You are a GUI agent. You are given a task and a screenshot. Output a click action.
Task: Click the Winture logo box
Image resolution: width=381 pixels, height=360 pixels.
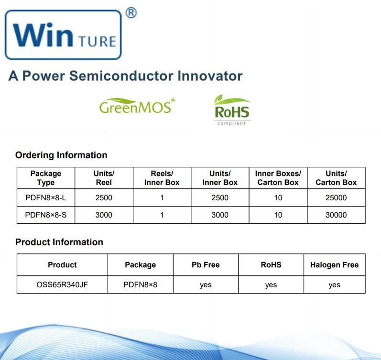pyautogui.click(x=63, y=35)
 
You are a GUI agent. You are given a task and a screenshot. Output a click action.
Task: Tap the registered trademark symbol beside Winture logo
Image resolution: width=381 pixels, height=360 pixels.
pyautogui.click(x=131, y=13)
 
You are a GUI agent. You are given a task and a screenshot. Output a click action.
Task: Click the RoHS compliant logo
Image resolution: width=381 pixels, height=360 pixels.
pyautogui.click(x=232, y=110)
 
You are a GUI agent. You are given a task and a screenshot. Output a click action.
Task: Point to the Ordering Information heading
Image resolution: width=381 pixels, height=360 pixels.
pyautogui.click(x=61, y=155)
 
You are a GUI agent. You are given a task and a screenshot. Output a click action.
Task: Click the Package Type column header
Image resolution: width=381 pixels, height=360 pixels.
pyautogui.click(x=46, y=178)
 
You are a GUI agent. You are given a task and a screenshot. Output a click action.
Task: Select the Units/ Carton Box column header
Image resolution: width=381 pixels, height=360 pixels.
pyautogui.click(x=336, y=178)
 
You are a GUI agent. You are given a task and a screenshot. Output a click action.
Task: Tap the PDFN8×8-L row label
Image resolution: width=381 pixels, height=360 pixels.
pyautogui.click(x=46, y=197)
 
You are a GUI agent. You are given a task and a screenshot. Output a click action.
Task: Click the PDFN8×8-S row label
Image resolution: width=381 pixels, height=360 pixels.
pyautogui.click(x=46, y=215)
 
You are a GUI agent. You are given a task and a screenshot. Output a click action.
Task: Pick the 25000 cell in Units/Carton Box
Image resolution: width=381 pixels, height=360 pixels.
pyautogui.click(x=336, y=197)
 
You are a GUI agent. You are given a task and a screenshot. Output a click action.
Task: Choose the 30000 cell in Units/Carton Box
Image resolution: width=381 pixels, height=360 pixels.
pyautogui.click(x=336, y=215)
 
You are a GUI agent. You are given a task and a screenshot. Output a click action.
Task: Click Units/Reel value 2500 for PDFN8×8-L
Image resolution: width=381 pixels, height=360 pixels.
pyautogui.click(x=104, y=197)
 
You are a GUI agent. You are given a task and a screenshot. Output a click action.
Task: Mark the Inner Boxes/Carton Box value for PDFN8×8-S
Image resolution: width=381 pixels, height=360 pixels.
pyautogui.click(x=278, y=215)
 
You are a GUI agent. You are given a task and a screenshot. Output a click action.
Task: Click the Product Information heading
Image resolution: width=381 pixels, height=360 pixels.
pyautogui.click(x=59, y=242)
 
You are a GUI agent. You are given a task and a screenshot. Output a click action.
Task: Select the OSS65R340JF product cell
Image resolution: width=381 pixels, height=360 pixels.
pyautogui.click(x=62, y=284)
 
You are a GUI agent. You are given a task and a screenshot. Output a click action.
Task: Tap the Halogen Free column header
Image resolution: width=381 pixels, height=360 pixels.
pyautogui.click(x=334, y=265)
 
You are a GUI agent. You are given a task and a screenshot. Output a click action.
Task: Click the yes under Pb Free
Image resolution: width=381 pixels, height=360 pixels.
pyautogui.click(x=206, y=284)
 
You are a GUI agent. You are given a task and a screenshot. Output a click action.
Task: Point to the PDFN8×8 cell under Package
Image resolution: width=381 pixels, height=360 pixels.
pyautogui.click(x=140, y=284)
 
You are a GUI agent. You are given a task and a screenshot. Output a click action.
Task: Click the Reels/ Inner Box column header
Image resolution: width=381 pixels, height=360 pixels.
pyautogui.click(x=162, y=178)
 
